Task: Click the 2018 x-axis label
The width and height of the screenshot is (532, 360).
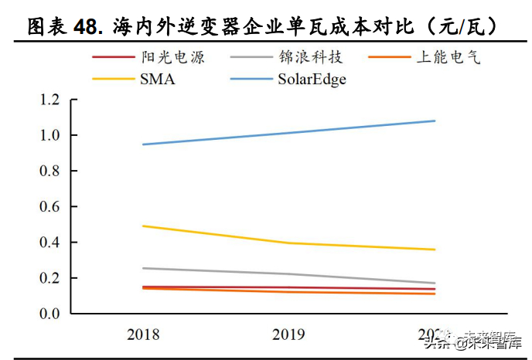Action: (x=143, y=335)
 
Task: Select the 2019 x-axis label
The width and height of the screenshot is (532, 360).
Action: (x=288, y=335)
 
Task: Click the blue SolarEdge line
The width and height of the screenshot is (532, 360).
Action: (x=288, y=132)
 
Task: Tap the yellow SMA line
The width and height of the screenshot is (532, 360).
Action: (x=288, y=243)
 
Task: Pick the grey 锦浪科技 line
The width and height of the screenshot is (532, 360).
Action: (x=288, y=273)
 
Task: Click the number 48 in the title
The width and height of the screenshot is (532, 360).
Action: (x=86, y=26)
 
